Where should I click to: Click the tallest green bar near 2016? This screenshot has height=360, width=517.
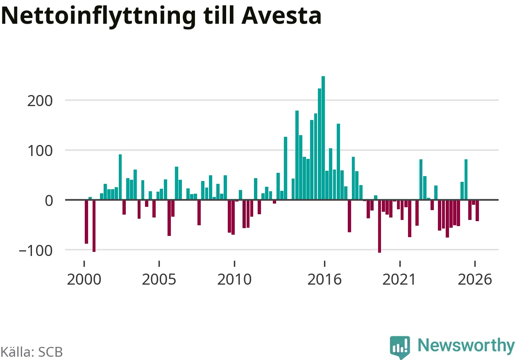click(x=323, y=138)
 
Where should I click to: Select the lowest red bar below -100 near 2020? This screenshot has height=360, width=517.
click(x=379, y=226)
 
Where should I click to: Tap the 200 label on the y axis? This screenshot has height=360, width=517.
click(x=40, y=101)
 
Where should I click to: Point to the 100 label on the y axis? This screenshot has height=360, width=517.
click(x=40, y=151)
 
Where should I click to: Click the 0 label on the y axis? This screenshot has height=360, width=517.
click(x=49, y=201)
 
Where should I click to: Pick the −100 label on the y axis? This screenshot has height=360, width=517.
click(x=36, y=251)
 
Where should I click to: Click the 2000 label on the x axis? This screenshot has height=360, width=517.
click(x=84, y=279)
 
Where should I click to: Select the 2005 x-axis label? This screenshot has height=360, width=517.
click(x=159, y=279)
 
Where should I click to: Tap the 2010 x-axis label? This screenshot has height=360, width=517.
click(x=234, y=279)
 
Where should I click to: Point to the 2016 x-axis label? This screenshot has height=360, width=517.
click(x=324, y=279)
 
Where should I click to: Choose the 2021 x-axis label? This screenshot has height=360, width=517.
click(x=399, y=279)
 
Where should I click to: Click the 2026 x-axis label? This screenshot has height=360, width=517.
click(x=475, y=279)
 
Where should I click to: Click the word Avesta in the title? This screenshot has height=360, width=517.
click(x=281, y=16)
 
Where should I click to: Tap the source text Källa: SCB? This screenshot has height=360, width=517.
click(x=32, y=352)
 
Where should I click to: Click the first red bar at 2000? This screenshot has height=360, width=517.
click(x=86, y=222)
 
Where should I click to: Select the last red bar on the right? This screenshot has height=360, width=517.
click(x=477, y=211)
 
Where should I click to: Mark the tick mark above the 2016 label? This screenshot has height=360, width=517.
click(x=324, y=264)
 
